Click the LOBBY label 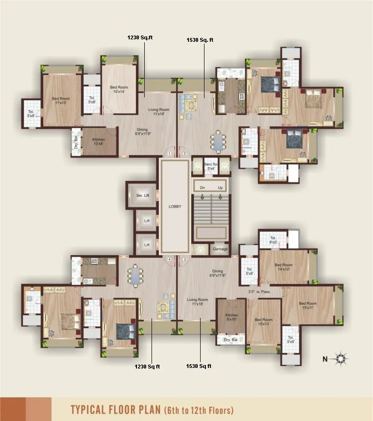[x=174, y=206]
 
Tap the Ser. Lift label [x=142, y=195]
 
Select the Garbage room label [x=220, y=249]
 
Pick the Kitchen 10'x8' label [x=98, y=142]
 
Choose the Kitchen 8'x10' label [x=232, y=317]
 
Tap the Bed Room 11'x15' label [x=61, y=101]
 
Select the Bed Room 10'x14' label [x=119, y=89]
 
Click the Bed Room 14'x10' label [x=284, y=267]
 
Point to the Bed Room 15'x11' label [x=308, y=305]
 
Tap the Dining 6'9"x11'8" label [x=217, y=274]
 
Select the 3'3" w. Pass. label [x=259, y=292]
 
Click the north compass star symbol [x=341, y=359]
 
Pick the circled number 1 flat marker [x=170, y=154]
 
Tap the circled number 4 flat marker [x=170, y=260]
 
